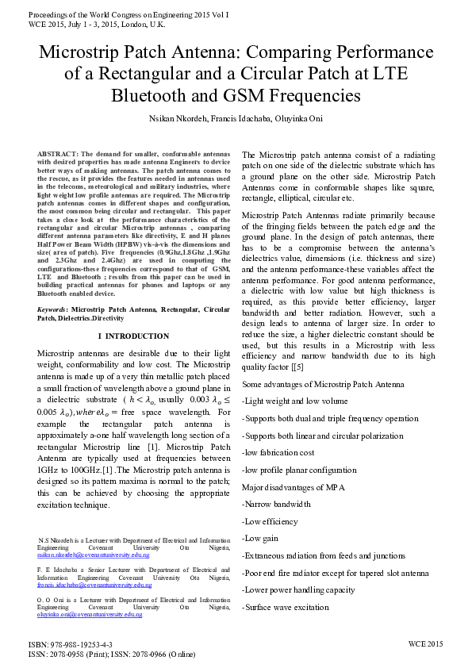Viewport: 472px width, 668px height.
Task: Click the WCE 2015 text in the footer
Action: [x=425, y=644]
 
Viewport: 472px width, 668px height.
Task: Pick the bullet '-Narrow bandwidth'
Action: [x=276, y=504]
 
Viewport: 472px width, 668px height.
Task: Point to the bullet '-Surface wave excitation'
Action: [x=285, y=607]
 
